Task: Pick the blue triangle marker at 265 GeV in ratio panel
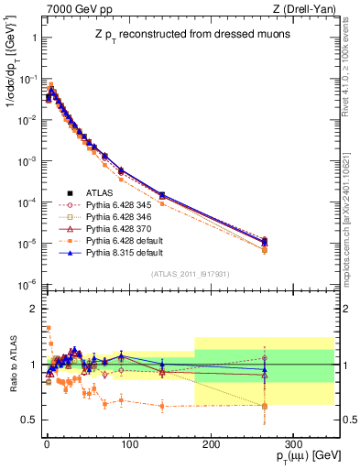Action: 265,370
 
